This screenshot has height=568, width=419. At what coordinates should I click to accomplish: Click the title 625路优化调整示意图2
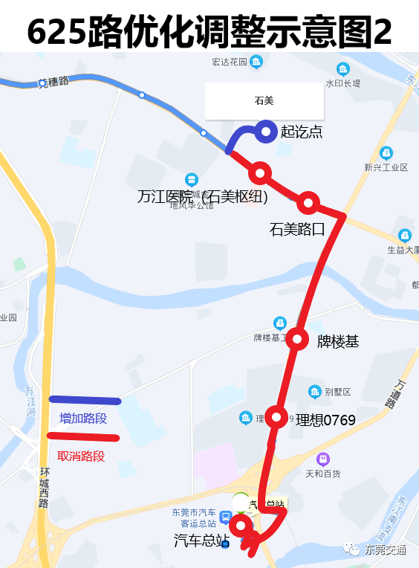click(209, 31)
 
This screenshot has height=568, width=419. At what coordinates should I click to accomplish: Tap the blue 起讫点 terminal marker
click(265, 132)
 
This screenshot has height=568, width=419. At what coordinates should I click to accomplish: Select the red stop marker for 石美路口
click(308, 202)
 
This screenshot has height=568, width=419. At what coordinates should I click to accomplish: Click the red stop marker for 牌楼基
click(298, 339)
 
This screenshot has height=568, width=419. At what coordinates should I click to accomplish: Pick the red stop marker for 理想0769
click(277, 417)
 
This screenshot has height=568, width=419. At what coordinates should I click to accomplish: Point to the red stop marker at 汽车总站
click(240, 526)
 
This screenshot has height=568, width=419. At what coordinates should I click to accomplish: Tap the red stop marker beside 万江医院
click(260, 173)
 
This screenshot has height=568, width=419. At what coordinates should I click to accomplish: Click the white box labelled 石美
click(254, 100)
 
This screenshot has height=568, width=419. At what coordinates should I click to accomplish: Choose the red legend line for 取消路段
click(82, 437)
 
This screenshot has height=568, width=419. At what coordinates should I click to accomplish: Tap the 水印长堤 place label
click(342, 83)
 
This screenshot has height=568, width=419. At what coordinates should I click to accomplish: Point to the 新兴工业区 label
click(386, 167)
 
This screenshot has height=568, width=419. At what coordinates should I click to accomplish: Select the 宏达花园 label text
click(229, 61)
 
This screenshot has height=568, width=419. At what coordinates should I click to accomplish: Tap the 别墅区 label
click(337, 392)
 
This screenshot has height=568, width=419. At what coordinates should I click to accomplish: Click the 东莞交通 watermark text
click(385, 550)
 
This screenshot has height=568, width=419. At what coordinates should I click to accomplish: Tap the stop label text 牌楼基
click(338, 342)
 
